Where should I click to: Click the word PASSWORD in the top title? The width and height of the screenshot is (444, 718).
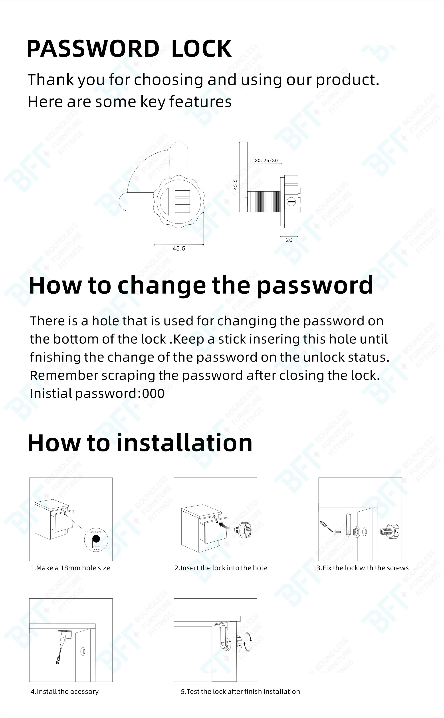(x=93, y=49)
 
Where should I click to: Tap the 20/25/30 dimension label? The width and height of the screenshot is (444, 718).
(x=266, y=160)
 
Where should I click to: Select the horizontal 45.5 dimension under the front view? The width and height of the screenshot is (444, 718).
(x=179, y=249)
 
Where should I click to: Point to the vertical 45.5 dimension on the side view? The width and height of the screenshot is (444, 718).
(x=235, y=184)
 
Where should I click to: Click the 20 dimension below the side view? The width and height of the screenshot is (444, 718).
(x=289, y=240)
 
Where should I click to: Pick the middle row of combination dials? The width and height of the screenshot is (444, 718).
(x=182, y=202)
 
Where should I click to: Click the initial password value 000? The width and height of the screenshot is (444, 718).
(x=153, y=394)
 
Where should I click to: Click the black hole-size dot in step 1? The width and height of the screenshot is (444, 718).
(x=96, y=539)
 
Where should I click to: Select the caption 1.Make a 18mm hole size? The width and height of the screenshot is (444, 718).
(x=70, y=568)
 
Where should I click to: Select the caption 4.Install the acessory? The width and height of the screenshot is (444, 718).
(x=65, y=691)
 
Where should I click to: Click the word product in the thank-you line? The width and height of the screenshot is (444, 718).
(x=347, y=80)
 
